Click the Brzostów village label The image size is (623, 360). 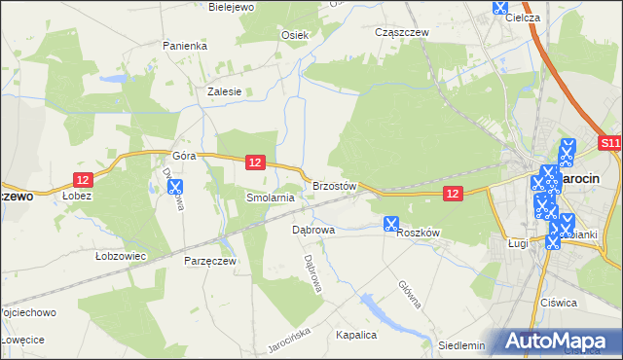335,185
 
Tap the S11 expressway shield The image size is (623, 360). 609,143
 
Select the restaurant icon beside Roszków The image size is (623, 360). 391,224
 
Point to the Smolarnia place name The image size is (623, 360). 270,198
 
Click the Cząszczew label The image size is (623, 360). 402,32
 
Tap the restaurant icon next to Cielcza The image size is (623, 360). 500,7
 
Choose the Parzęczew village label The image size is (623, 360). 210,261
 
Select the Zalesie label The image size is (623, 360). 224,91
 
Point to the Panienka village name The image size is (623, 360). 185,46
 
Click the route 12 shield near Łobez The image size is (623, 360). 84,179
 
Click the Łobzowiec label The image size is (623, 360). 121,257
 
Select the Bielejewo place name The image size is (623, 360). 232,7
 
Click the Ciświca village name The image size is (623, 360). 559,303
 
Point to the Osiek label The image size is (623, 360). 295,35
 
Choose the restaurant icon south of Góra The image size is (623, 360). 176,186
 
